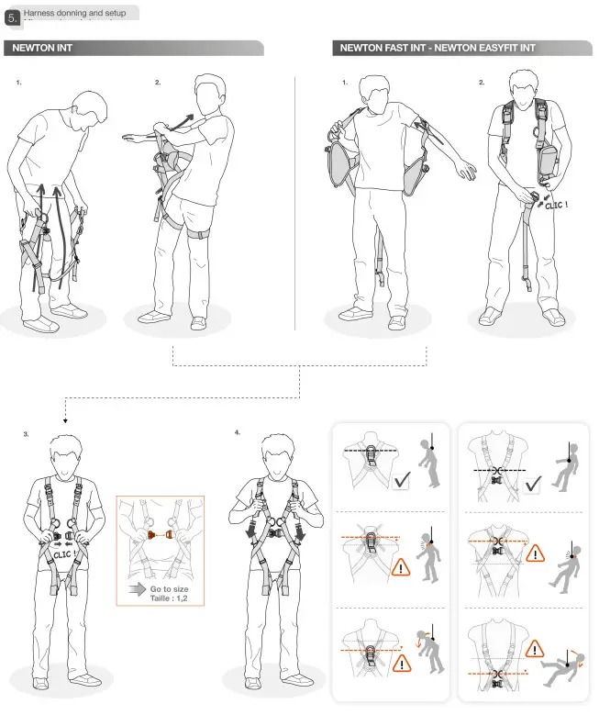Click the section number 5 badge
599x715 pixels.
click(12, 17)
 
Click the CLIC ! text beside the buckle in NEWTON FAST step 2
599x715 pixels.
click(556, 205)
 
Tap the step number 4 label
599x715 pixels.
click(238, 431)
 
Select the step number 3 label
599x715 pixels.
click(26, 432)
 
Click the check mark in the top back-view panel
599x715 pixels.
click(400, 480)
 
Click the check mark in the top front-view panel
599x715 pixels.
click(532, 479)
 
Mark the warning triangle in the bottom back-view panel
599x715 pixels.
click(401, 662)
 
